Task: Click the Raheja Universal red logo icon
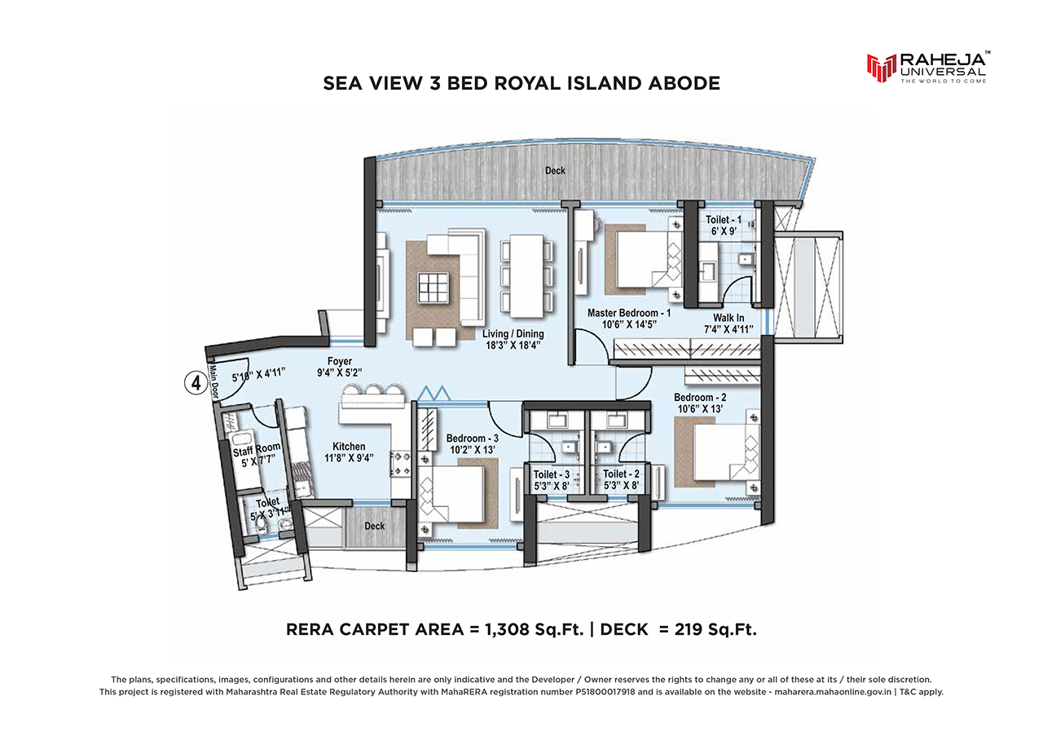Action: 881,68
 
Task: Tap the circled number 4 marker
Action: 196,383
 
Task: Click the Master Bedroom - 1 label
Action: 628,313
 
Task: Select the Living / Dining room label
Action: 513,334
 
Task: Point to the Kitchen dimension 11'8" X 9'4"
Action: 349,458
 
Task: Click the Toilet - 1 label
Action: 723,219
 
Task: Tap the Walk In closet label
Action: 728,318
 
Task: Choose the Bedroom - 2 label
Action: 700,398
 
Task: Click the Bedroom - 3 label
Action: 472,438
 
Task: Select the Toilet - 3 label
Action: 552,474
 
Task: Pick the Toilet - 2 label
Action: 621,474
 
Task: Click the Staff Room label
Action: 257,450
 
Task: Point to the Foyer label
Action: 340,361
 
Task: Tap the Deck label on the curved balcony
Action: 555,171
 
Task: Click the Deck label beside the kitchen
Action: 374,526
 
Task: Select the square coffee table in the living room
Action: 433,288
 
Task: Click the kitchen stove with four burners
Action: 400,464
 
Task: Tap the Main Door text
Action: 214,381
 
